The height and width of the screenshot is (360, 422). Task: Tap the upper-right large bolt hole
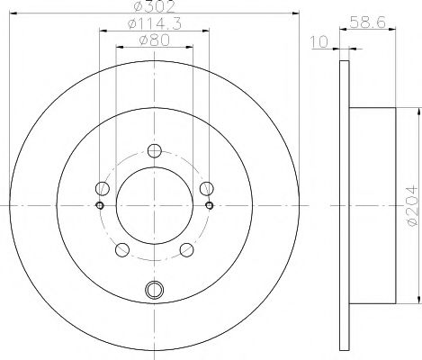point(207,188)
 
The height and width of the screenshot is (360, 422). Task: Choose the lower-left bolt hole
point(122,250)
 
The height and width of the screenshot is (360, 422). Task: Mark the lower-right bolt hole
point(187,250)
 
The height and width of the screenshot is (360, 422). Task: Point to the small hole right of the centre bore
point(210,206)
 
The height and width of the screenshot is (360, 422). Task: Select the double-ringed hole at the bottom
point(155,290)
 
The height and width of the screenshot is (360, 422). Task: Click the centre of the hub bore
point(155,206)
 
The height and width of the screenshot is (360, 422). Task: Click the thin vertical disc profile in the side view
point(343,206)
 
